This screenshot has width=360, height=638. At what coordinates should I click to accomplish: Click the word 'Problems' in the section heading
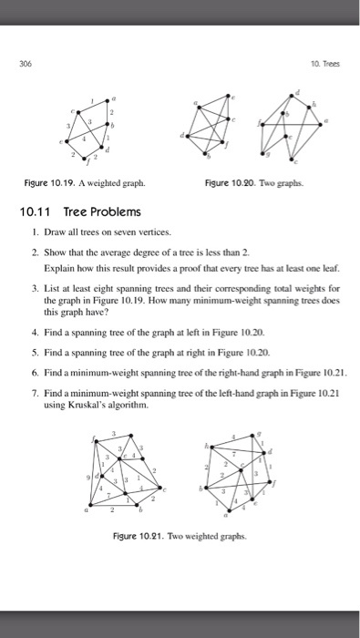(x=116, y=211)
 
